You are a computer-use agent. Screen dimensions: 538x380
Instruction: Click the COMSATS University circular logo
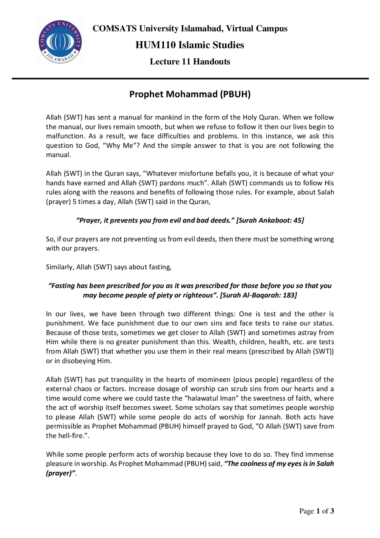click(60, 42)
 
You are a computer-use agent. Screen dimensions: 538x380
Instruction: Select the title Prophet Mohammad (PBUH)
click(190, 94)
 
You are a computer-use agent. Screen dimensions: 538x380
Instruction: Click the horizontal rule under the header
click(190, 79)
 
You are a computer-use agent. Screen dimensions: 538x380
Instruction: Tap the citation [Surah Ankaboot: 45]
click(270, 220)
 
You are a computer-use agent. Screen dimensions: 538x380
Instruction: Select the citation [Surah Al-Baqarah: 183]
click(258, 295)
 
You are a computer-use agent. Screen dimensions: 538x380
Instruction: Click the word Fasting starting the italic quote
click(63, 286)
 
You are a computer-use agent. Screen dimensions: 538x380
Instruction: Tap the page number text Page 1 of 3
click(316, 511)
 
